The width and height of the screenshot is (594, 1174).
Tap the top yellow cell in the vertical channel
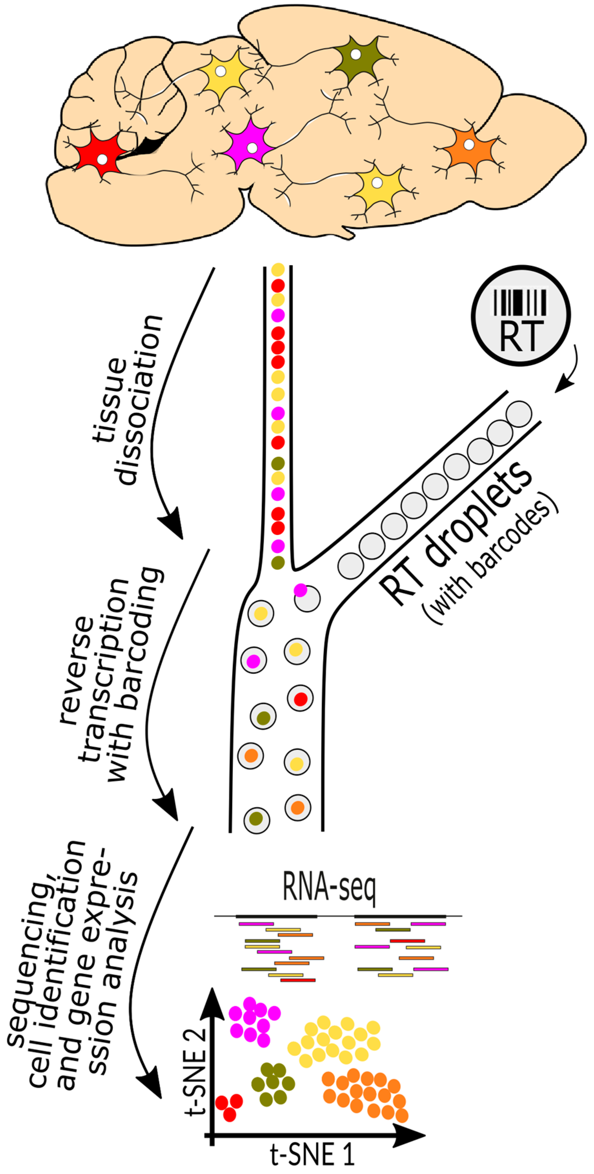[x=277, y=270]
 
